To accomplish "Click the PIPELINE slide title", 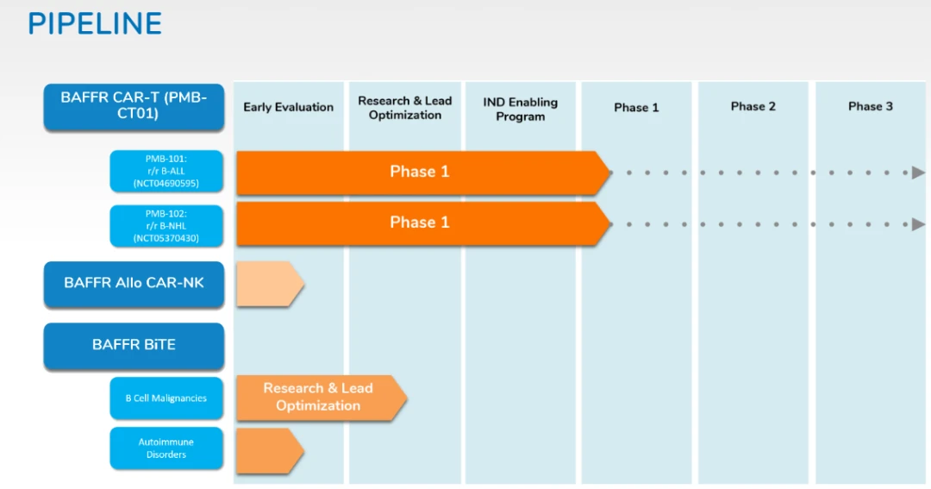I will (95, 23).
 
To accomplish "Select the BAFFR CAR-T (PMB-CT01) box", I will (134, 106).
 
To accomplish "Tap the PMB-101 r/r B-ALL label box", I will (166, 172).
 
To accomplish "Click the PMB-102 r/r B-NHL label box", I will (166, 225).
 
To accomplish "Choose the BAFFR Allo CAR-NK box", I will (134, 283).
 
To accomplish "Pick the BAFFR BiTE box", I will (134, 345).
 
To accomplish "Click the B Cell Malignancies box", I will (166, 398).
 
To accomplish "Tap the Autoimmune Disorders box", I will (166, 448).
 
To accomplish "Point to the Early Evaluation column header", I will (288, 107).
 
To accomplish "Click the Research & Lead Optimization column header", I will (405, 108).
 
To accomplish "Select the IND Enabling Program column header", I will (521, 109).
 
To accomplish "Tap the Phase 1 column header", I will (636, 107).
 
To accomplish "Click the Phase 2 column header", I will (753, 106).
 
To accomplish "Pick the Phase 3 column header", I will (871, 106).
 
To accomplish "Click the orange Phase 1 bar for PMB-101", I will (420, 172).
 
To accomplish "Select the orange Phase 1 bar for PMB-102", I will (420, 223).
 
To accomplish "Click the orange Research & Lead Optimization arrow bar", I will (318, 397).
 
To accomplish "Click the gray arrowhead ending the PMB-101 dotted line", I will (919, 172).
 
